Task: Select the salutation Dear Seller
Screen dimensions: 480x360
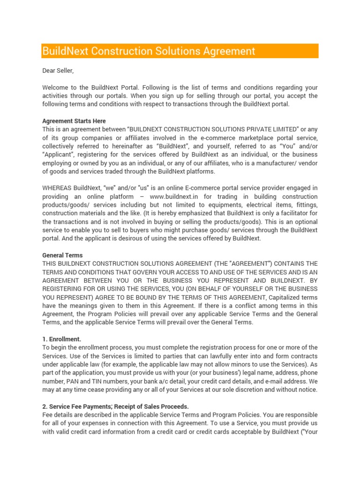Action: tap(58, 71)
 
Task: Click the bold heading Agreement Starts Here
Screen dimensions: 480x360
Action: tap(74, 121)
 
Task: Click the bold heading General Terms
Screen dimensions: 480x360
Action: tap(62, 255)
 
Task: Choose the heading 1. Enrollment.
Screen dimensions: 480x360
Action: tap(62, 339)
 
